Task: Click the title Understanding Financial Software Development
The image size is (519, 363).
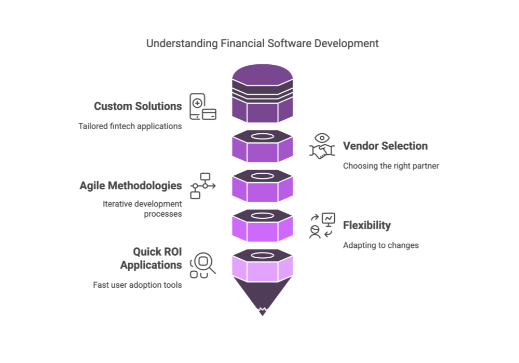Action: point(262,44)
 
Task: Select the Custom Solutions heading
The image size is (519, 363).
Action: point(138,106)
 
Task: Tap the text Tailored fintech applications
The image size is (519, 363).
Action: point(130,126)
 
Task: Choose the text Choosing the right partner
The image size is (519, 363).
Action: point(391,166)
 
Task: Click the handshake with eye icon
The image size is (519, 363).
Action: point(322,146)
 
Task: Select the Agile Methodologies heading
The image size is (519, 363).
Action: point(130,186)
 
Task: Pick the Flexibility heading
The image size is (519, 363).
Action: point(366,226)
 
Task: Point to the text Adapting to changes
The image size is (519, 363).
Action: point(380,245)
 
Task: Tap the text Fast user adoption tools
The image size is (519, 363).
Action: point(138,285)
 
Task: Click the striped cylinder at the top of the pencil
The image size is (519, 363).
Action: point(262,93)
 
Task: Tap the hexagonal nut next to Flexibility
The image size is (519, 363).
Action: point(262,226)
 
